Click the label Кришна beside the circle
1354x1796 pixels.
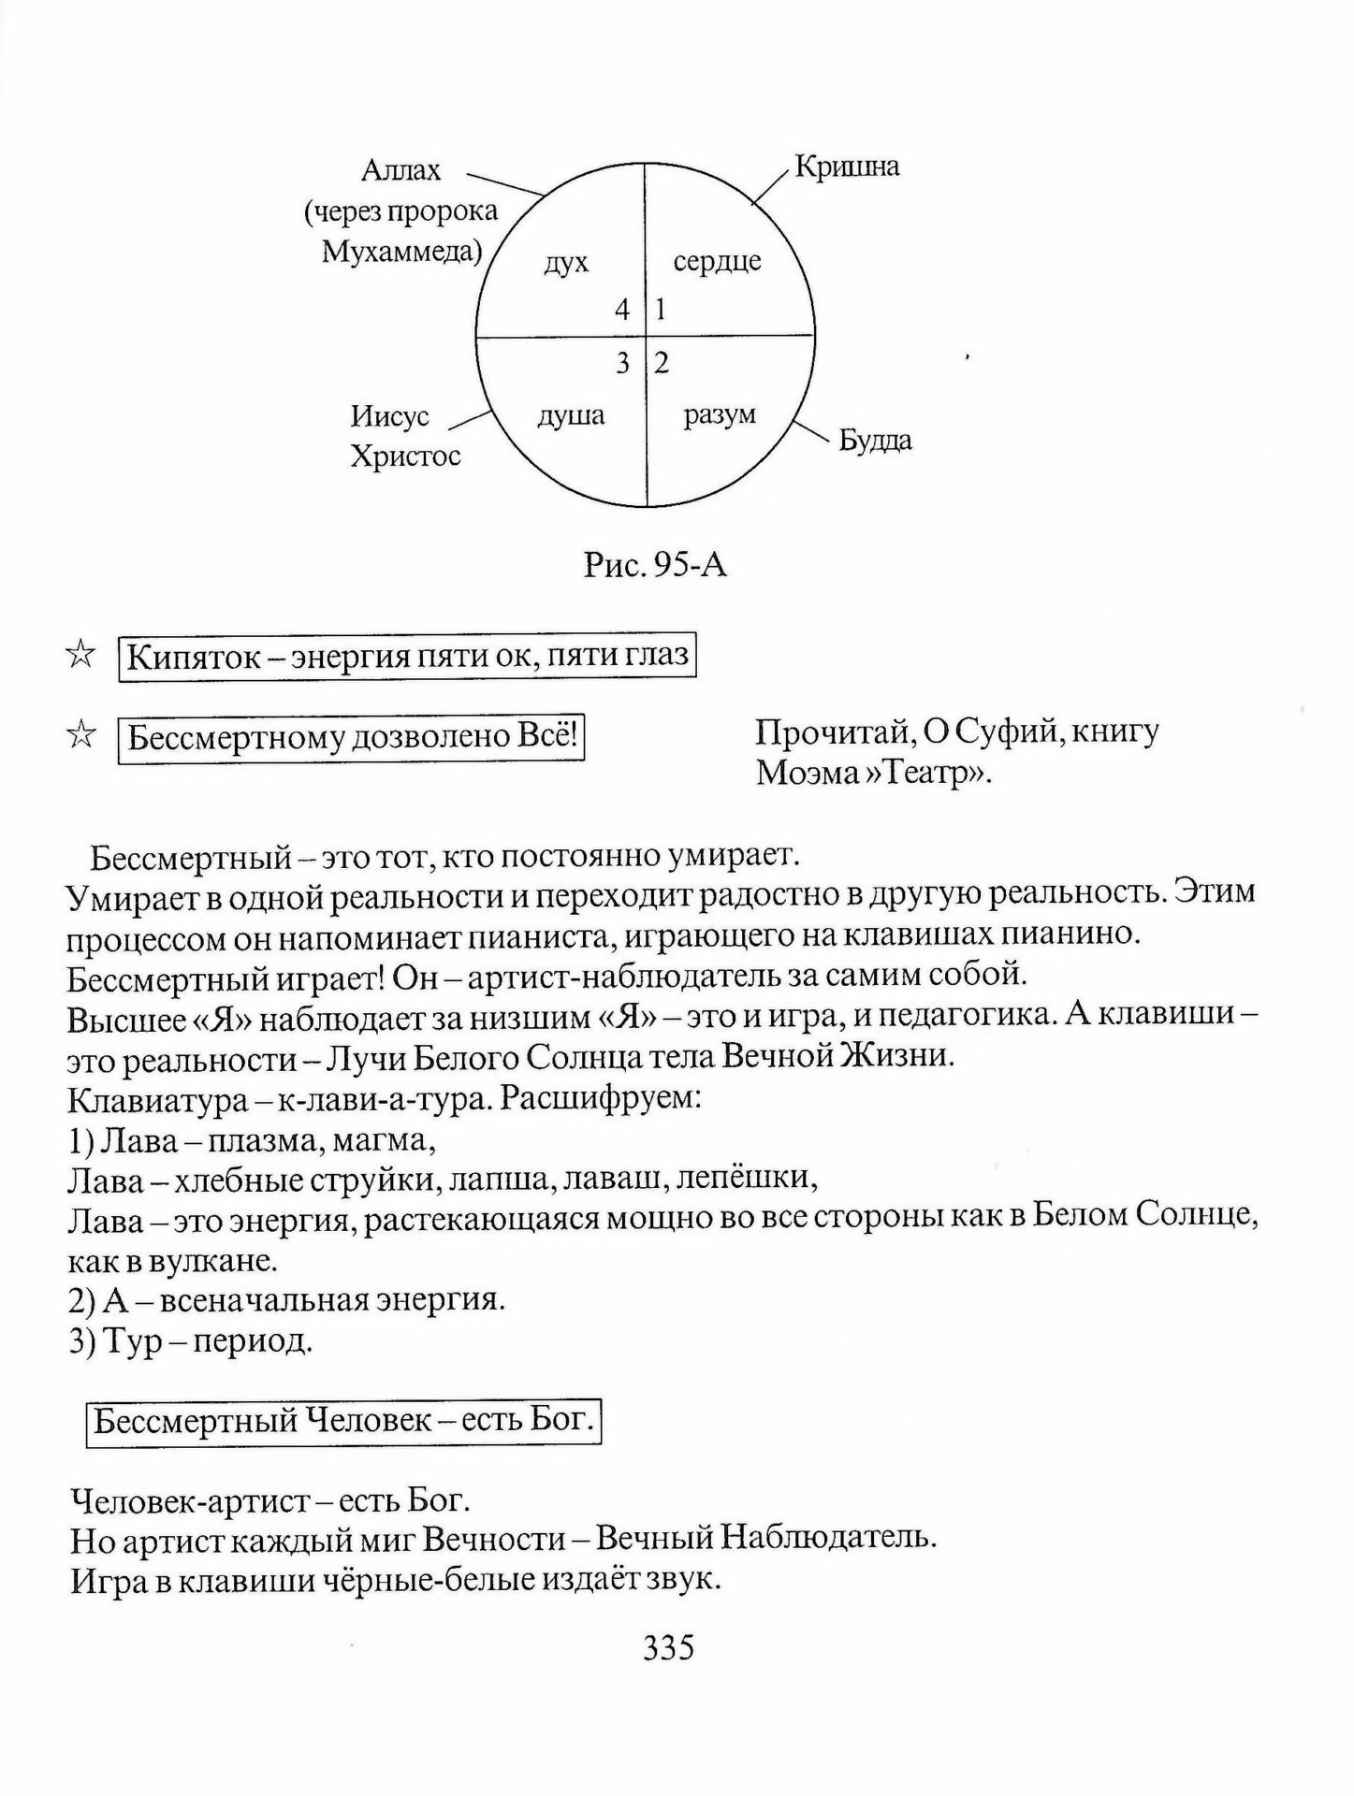click(846, 167)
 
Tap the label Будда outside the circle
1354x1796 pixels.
click(874, 440)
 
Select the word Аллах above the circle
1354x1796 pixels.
click(400, 171)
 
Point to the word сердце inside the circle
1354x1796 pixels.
click(717, 261)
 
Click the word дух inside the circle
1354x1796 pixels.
click(566, 262)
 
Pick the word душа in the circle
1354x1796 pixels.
click(571, 415)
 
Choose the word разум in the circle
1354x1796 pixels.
click(719, 415)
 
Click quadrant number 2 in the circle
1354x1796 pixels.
click(662, 363)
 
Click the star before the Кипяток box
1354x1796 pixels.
click(81, 656)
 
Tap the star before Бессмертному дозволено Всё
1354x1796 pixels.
click(81, 736)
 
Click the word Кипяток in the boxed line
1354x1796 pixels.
click(193, 657)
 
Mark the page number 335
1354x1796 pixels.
click(668, 1646)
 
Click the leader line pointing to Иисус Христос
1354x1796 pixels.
click(471, 420)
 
